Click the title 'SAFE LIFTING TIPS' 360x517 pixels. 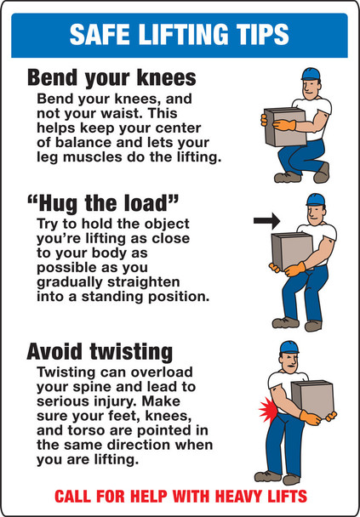[x=179, y=34]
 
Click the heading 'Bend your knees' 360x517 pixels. [x=111, y=79]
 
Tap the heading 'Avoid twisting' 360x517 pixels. [x=100, y=351]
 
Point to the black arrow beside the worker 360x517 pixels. [x=266, y=221]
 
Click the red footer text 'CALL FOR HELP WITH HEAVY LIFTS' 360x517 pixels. [x=180, y=496]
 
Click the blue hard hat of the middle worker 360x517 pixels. [x=316, y=200]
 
